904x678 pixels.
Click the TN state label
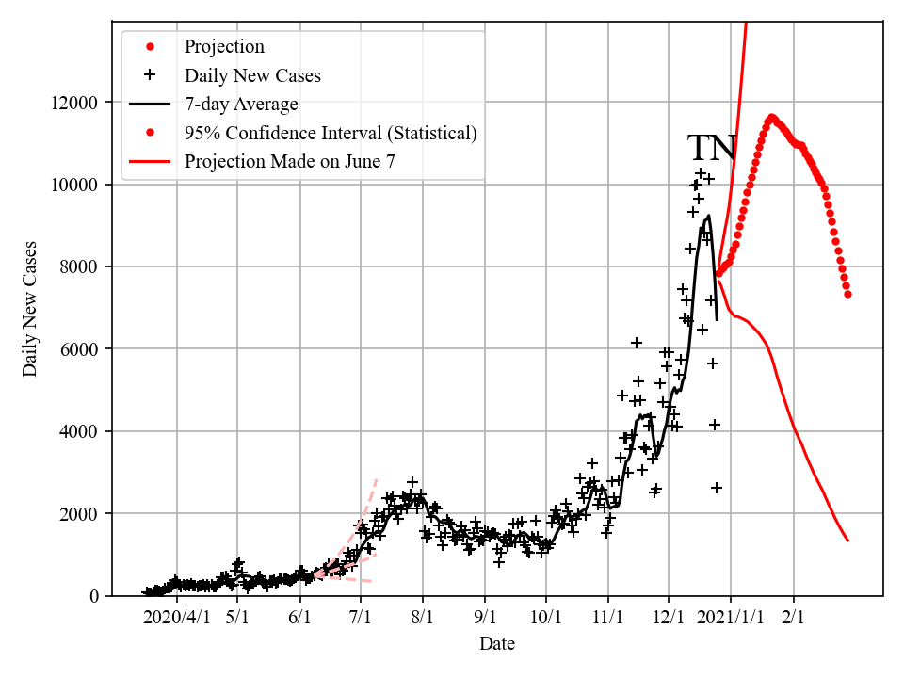711,149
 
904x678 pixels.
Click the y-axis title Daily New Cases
31,309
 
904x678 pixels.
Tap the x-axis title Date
497,644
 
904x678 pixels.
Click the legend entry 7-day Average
241,105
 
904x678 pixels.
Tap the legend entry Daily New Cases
252,75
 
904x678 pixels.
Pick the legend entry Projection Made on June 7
289,161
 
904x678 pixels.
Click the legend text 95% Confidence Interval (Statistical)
331,133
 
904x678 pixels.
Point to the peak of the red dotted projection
772,118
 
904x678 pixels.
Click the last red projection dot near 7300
847,294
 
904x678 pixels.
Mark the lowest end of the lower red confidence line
847,541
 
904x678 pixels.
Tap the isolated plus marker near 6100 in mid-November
637,343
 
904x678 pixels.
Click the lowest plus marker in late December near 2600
717,488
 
